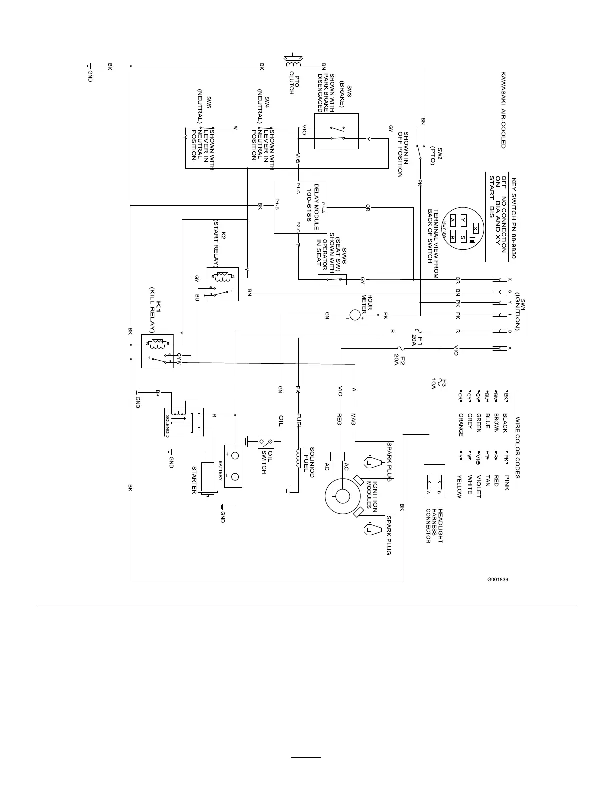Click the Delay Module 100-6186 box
300,207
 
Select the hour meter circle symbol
355,315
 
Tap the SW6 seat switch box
332,280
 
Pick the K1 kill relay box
157,351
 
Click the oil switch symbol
266,442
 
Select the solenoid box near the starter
184,422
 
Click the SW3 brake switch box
336,131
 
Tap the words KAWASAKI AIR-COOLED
503,109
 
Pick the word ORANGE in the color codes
460,425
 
